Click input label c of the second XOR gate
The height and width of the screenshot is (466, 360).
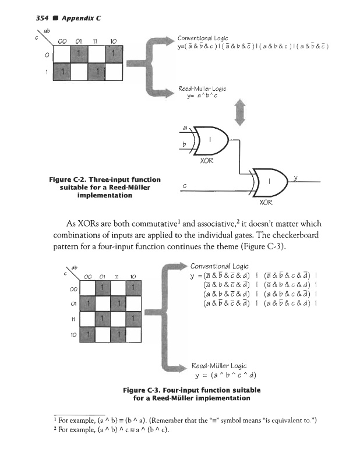[184, 186]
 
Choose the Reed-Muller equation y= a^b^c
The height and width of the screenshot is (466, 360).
[202, 96]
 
